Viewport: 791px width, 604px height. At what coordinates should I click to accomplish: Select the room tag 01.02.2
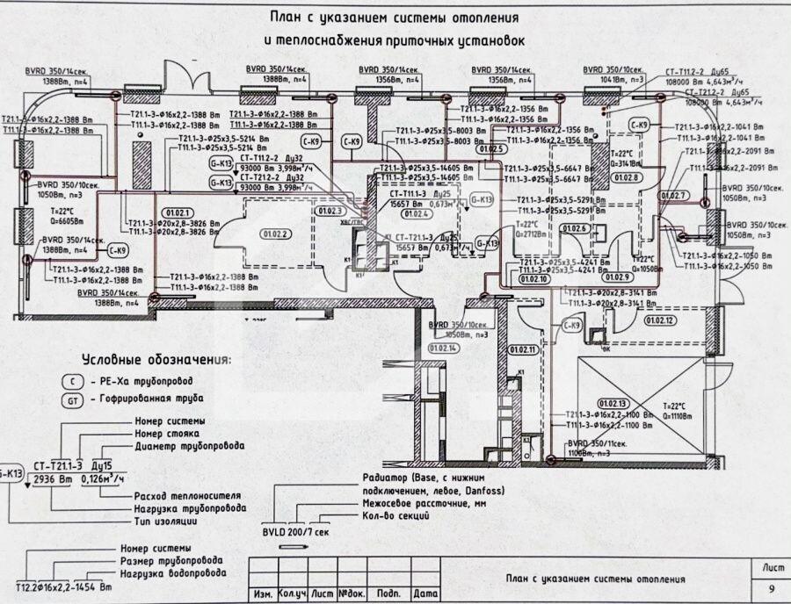[275, 234]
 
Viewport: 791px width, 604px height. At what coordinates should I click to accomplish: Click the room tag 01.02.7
[673, 195]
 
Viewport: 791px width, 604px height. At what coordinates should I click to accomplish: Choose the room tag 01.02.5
[492, 149]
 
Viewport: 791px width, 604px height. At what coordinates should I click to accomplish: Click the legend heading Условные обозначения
[156, 360]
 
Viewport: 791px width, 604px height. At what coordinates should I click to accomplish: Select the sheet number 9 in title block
[771, 589]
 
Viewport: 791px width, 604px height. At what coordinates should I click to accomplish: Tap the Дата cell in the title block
[425, 594]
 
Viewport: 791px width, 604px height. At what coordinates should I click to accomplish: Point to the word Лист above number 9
[770, 567]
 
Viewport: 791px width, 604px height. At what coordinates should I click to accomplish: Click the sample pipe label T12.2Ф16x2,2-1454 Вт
[64, 586]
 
